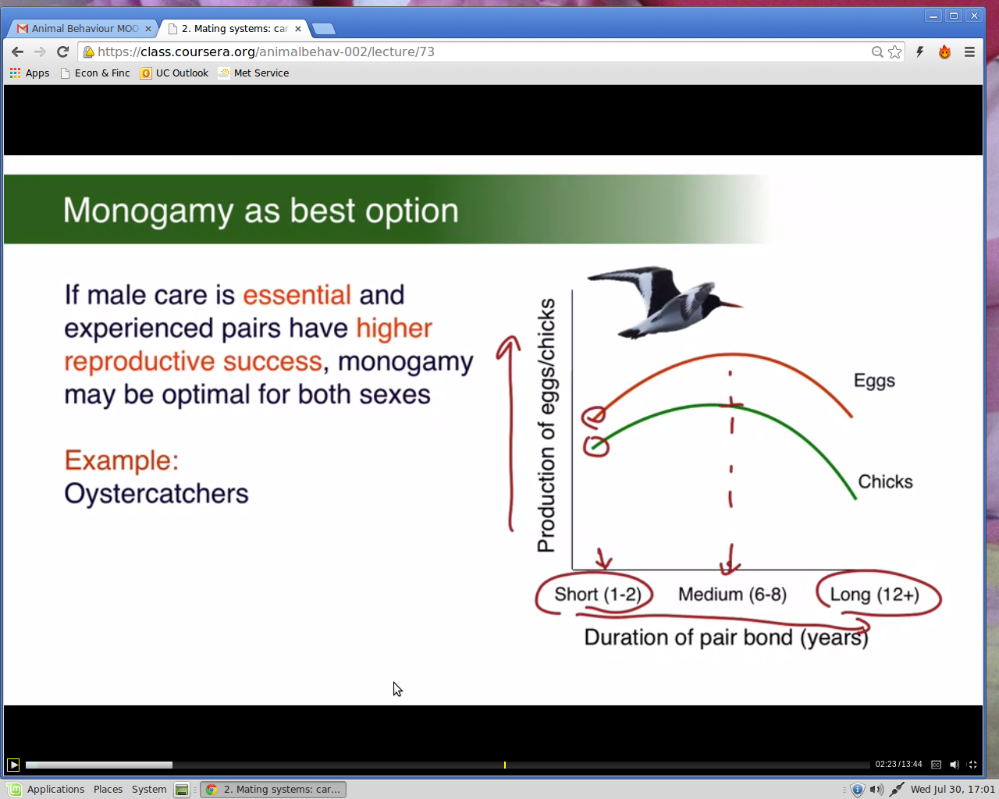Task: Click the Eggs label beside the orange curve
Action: tap(874, 381)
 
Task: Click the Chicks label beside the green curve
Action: tap(885, 481)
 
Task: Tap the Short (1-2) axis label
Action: tap(598, 595)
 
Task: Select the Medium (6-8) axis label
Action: tap(733, 595)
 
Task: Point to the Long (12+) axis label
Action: tap(875, 595)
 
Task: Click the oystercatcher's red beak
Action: tap(731, 304)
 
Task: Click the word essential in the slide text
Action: tap(297, 295)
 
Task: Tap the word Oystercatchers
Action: tap(156, 493)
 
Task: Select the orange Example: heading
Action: tap(122, 460)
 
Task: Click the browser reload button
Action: tap(62, 51)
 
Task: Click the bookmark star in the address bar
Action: tap(894, 52)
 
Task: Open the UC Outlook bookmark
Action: tap(174, 73)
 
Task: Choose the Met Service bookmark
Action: tap(254, 73)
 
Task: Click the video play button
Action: tap(13, 764)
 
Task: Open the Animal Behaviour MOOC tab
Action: tap(84, 29)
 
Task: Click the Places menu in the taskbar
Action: tap(108, 790)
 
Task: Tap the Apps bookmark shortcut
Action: tap(29, 73)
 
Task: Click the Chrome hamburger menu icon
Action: tap(969, 52)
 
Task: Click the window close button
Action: tap(974, 16)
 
